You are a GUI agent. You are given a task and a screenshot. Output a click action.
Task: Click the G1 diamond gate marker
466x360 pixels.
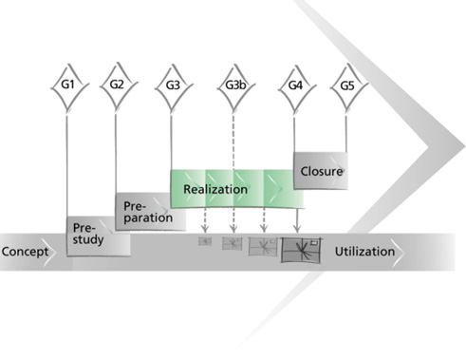click(69, 86)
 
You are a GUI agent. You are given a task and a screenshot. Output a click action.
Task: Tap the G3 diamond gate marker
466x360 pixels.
click(174, 86)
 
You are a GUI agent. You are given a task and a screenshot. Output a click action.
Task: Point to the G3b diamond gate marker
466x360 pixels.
click(235, 86)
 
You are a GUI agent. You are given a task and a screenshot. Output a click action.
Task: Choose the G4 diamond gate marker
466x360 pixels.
click(297, 87)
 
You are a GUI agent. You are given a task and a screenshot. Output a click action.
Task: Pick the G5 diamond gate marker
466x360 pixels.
click(348, 86)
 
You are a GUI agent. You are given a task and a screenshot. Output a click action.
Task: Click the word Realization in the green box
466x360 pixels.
click(215, 189)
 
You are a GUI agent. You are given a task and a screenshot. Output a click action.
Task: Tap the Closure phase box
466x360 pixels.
click(321, 171)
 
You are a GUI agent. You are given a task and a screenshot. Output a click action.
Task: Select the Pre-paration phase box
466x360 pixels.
click(150, 211)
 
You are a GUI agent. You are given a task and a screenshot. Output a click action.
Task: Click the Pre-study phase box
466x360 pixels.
click(99, 237)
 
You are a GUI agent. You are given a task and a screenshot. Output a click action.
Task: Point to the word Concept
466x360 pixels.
click(25, 252)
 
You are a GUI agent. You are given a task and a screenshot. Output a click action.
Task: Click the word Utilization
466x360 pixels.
click(364, 252)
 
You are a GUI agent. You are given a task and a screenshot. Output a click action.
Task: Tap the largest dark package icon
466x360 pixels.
click(301, 250)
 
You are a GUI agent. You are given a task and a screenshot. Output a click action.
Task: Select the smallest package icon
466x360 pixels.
click(205, 241)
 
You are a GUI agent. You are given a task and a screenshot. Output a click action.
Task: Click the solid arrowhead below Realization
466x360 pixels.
click(297, 229)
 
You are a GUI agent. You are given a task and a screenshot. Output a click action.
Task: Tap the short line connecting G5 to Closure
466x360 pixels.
click(345, 134)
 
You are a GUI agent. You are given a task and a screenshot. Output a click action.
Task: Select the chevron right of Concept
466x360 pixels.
click(49, 252)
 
